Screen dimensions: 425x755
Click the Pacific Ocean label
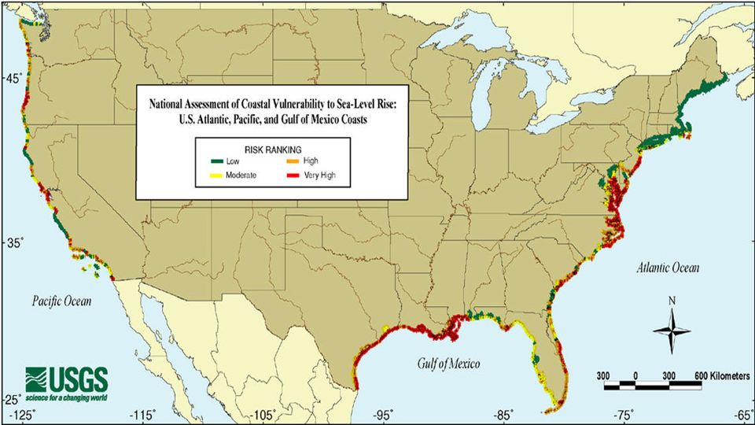pyautogui.click(x=62, y=301)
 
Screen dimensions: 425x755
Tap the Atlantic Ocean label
pyautogui.click(x=667, y=268)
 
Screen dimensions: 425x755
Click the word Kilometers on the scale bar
pyautogui.click(x=724, y=375)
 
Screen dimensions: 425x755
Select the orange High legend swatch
pyautogui.click(x=290, y=161)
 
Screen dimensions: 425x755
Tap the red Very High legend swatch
pyautogui.click(x=290, y=174)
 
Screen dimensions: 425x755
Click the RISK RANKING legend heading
pyautogui.click(x=270, y=148)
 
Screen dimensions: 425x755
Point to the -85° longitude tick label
pyautogui.click(x=504, y=414)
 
